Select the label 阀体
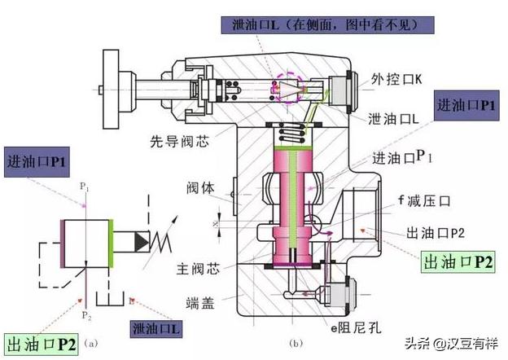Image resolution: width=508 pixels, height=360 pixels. [x=201, y=187]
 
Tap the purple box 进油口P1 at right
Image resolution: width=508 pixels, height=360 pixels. [x=466, y=106]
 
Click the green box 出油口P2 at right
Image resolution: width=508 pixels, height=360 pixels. [x=458, y=261]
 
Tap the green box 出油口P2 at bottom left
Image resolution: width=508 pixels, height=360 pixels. [x=41, y=344]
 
